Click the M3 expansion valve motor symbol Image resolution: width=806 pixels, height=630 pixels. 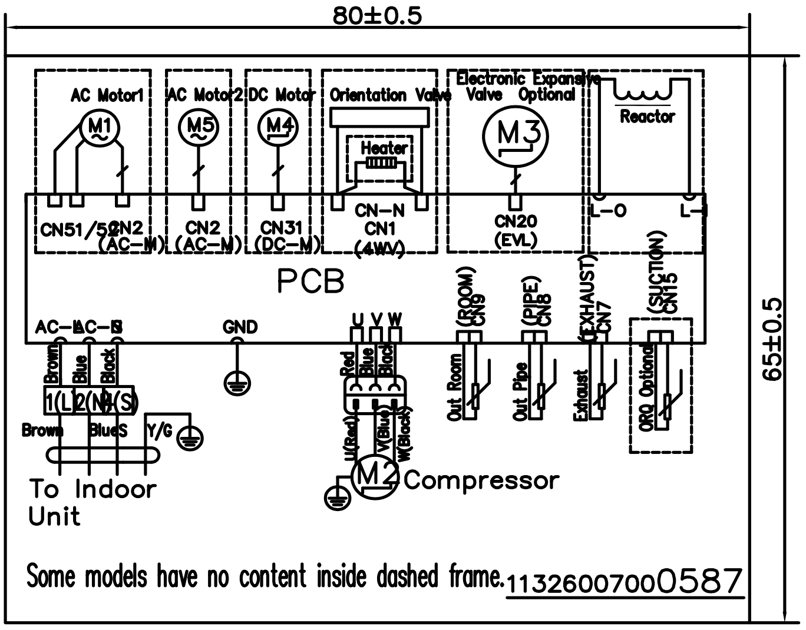coord(515,135)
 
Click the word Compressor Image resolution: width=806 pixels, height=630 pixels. coord(481,480)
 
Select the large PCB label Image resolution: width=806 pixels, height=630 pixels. coord(310,282)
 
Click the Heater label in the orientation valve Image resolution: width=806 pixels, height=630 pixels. coord(384,148)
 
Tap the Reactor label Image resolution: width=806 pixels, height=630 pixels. coord(647,117)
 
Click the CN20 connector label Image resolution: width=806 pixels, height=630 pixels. coord(516,221)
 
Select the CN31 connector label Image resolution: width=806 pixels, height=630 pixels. coord(282,227)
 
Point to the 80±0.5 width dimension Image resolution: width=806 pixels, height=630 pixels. coord(377,16)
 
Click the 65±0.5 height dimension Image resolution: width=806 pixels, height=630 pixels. coord(772,340)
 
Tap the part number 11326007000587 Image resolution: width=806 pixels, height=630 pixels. coord(623,582)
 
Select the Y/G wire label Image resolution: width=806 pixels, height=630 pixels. coord(160,431)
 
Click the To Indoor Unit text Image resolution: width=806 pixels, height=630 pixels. coord(93,502)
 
